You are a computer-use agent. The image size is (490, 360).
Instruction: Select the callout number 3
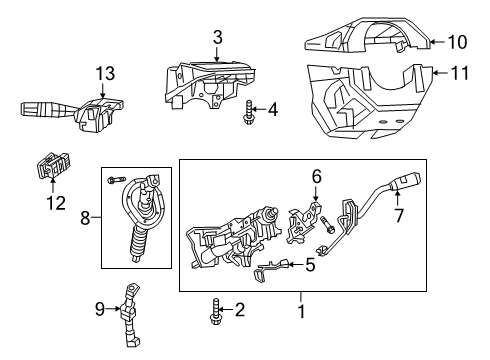point(216,38)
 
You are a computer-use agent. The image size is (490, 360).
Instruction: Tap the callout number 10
point(457,41)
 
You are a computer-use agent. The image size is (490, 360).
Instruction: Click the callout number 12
point(57,203)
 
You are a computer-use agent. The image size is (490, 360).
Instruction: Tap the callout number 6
point(316,177)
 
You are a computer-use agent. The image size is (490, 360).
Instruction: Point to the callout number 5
point(310,265)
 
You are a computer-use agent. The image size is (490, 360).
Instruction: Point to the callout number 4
point(272,109)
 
